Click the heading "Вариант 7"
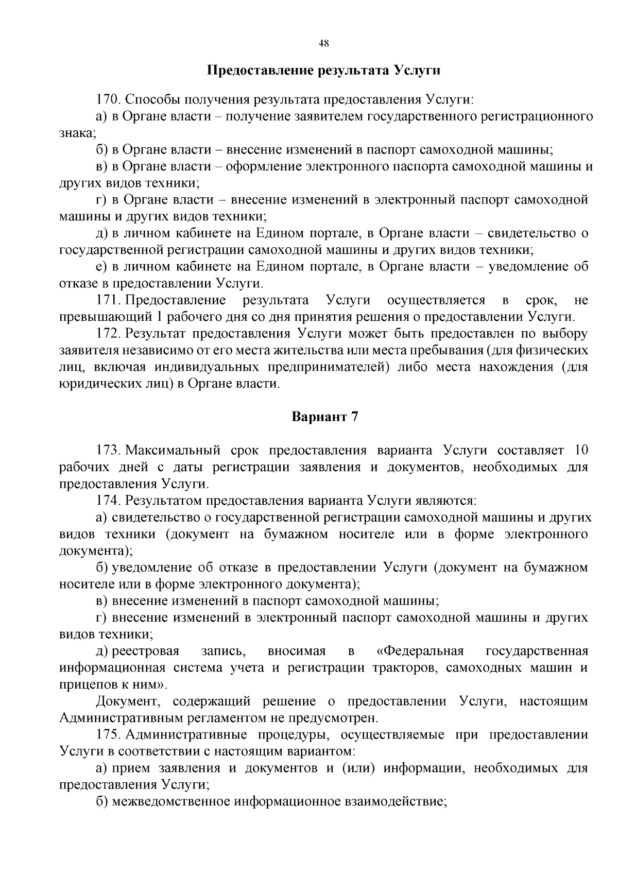(324, 417)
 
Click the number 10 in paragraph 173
(580, 450)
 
